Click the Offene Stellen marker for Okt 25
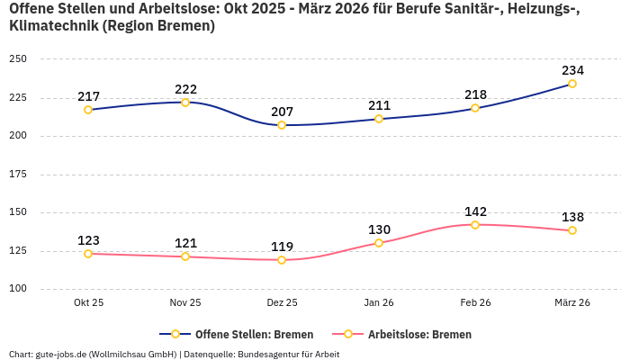pyautogui.click(x=88, y=110)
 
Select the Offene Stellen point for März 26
pyautogui.click(x=572, y=84)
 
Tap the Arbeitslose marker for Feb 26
pyautogui.click(x=475, y=224)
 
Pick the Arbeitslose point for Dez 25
pyautogui.click(x=282, y=260)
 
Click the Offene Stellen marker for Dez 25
pyautogui.click(x=282, y=125)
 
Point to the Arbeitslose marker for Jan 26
pyautogui.click(x=379, y=243)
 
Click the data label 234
pyautogui.click(x=572, y=70)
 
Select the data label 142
pyautogui.click(x=475, y=211)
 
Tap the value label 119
pyautogui.click(x=282, y=247)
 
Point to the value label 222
pyautogui.click(x=185, y=89)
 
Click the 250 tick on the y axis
pyautogui.click(x=18, y=59)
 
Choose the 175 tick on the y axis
pyautogui.click(x=18, y=175)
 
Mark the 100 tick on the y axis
pyautogui.click(x=18, y=289)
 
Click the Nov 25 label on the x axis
pyautogui.click(x=185, y=303)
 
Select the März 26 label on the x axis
pyautogui.click(x=572, y=303)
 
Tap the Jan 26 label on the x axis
pyautogui.click(x=379, y=303)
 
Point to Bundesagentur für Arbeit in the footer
pyautogui.click(x=289, y=354)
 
